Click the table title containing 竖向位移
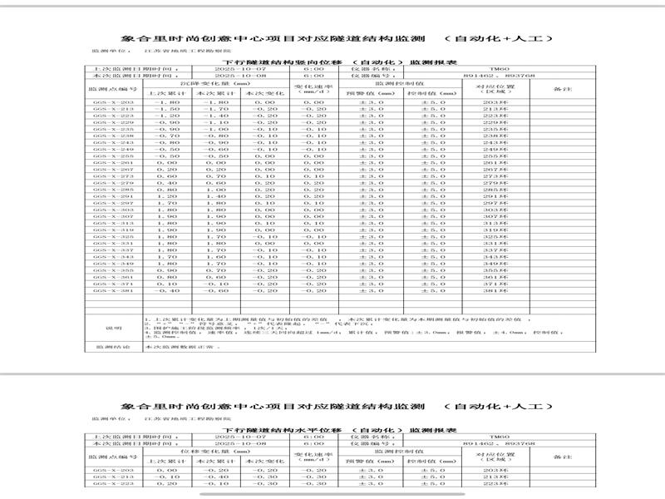(330, 62)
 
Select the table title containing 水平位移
(330, 429)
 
